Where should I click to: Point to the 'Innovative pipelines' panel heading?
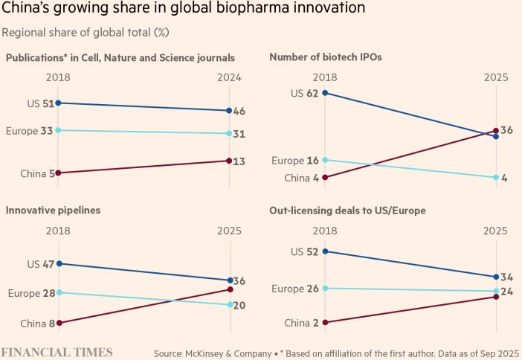pos(53,210)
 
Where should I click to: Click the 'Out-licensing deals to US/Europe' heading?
pos(347,210)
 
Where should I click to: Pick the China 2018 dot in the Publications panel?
pos(59,173)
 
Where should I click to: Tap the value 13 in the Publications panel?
pos(239,161)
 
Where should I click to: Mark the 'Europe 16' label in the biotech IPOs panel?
pos(296,160)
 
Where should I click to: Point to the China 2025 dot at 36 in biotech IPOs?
pos(496,131)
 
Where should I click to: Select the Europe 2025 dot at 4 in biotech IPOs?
pos(496,177)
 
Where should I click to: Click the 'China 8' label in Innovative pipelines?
pos(37,323)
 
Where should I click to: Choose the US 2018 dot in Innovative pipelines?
pos(59,263)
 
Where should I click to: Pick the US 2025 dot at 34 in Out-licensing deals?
pos(496,277)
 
